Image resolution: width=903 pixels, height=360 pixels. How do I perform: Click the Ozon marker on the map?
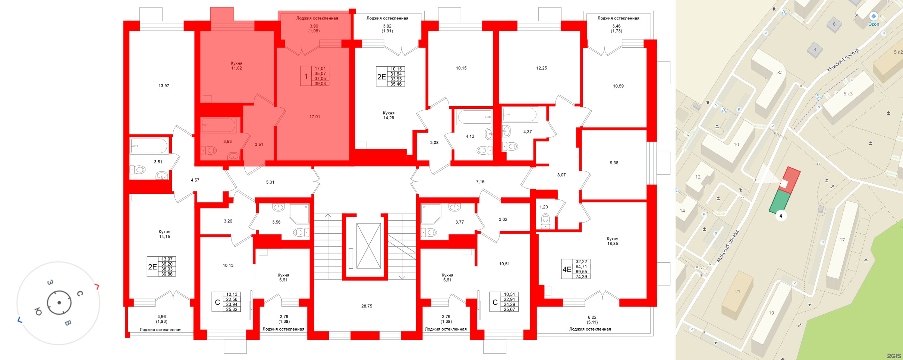[874, 17]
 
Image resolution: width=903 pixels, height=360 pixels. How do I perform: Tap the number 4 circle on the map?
[781, 215]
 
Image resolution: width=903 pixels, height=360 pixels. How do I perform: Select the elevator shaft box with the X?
[368, 246]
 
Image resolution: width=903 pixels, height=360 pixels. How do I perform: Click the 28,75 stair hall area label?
[366, 306]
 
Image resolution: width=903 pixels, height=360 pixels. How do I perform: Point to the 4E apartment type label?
[567, 269]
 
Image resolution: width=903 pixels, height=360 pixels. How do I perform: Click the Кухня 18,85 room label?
[613, 241]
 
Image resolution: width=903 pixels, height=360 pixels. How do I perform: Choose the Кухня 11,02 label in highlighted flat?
[236, 66]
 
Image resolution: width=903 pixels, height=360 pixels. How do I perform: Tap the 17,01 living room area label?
[315, 117]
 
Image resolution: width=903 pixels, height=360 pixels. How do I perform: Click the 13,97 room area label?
[164, 86]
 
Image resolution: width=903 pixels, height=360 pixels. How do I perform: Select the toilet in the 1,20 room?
[545, 220]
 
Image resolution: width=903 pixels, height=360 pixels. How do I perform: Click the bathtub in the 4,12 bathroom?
[475, 117]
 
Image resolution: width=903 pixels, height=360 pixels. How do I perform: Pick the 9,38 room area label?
[614, 163]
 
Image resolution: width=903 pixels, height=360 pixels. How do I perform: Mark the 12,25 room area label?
[541, 68]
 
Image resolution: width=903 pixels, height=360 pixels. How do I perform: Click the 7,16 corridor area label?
[480, 182]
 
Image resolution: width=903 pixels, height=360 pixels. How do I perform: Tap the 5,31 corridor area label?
[270, 182]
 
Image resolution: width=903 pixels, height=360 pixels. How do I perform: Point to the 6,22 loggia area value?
[592, 318]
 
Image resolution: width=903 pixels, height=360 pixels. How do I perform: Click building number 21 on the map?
[737, 292]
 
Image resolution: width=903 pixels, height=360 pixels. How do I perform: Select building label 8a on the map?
[780, 73]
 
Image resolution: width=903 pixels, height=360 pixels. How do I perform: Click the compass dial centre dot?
[59, 303]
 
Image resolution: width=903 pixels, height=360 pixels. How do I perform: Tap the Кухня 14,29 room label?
[388, 115]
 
